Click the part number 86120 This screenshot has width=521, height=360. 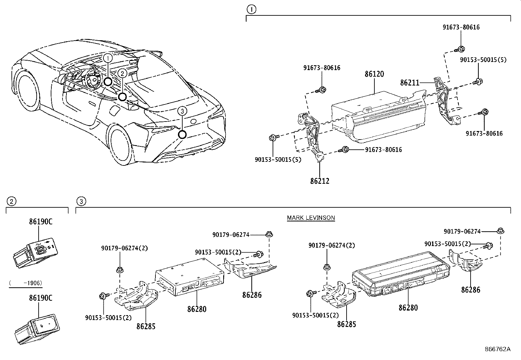tap(374, 74)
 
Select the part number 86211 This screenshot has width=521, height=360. tap(409, 83)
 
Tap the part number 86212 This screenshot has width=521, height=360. tap(319, 181)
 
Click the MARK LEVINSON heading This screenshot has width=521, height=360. tap(311, 218)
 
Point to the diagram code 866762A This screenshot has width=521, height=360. tap(497, 349)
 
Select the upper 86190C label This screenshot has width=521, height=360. tap(41, 222)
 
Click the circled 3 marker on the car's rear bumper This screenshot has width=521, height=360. tap(182, 134)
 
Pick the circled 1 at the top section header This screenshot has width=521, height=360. tap(251, 9)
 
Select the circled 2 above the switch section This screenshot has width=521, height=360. tap(11, 201)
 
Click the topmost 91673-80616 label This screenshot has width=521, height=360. tap(461, 27)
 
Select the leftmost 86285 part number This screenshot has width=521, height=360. tap(146, 326)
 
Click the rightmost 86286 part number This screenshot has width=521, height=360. tap(471, 290)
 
